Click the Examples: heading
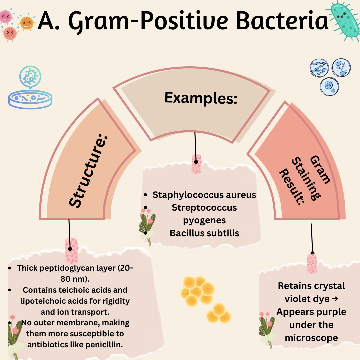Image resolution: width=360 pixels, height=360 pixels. pyautogui.click(x=201, y=98)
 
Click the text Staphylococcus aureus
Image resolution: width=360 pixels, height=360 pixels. pyautogui.click(x=204, y=195)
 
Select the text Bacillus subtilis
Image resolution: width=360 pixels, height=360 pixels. pyautogui.click(x=204, y=233)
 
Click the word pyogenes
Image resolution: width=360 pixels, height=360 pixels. pyautogui.click(x=204, y=220)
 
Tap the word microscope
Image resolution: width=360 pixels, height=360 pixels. pyautogui.click(x=311, y=338)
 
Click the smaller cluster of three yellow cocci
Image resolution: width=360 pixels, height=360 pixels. pyautogui.click(x=219, y=313)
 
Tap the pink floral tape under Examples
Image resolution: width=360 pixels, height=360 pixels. pyautogui.click(x=196, y=164)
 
